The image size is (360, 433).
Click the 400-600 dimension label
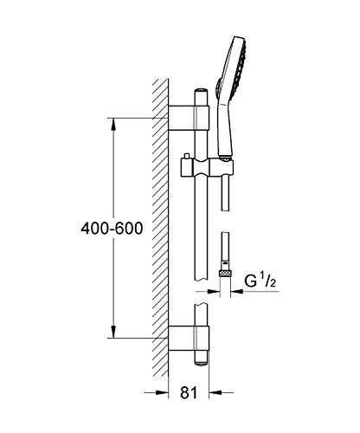tap(112, 229)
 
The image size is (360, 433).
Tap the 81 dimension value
tap(189, 392)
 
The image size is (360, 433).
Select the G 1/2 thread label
tap(260, 281)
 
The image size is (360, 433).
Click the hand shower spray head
tap(235, 67)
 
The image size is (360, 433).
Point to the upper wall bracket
tap(189, 118)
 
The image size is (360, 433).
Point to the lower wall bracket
tap(189, 338)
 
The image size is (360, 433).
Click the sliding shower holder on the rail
tap(207, 167)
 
